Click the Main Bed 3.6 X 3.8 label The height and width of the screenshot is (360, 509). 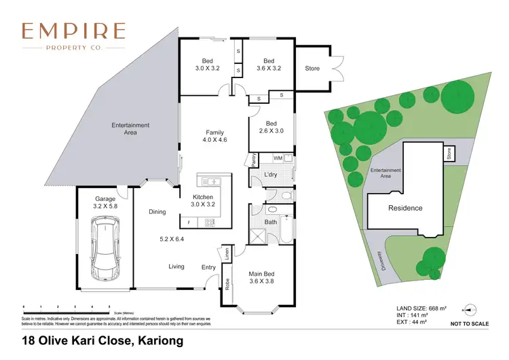click(261, 278)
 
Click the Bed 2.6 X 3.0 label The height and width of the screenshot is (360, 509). click(271, 127)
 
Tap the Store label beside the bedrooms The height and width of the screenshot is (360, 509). click(312, 69)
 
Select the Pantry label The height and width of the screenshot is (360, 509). click(252, 160)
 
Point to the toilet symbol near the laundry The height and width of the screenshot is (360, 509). click(285, 196)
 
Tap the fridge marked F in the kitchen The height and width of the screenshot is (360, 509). click(189, 222)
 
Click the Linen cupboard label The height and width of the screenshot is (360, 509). click(226, 253)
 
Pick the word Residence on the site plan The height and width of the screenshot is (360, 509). click(405, 208)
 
